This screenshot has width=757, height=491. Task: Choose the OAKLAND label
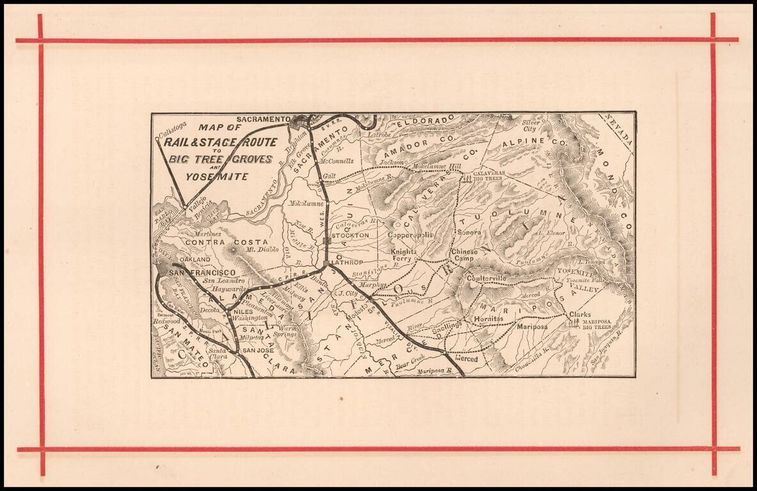point(194,260)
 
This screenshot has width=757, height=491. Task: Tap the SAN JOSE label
point(257,351)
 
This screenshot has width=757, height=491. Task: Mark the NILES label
point(244,311)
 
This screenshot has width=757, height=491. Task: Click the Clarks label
point(580,315)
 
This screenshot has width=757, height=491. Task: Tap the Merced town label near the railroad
point(466,359)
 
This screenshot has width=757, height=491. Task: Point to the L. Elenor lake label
point(550,233)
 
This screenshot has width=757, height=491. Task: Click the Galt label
point(329,175)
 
